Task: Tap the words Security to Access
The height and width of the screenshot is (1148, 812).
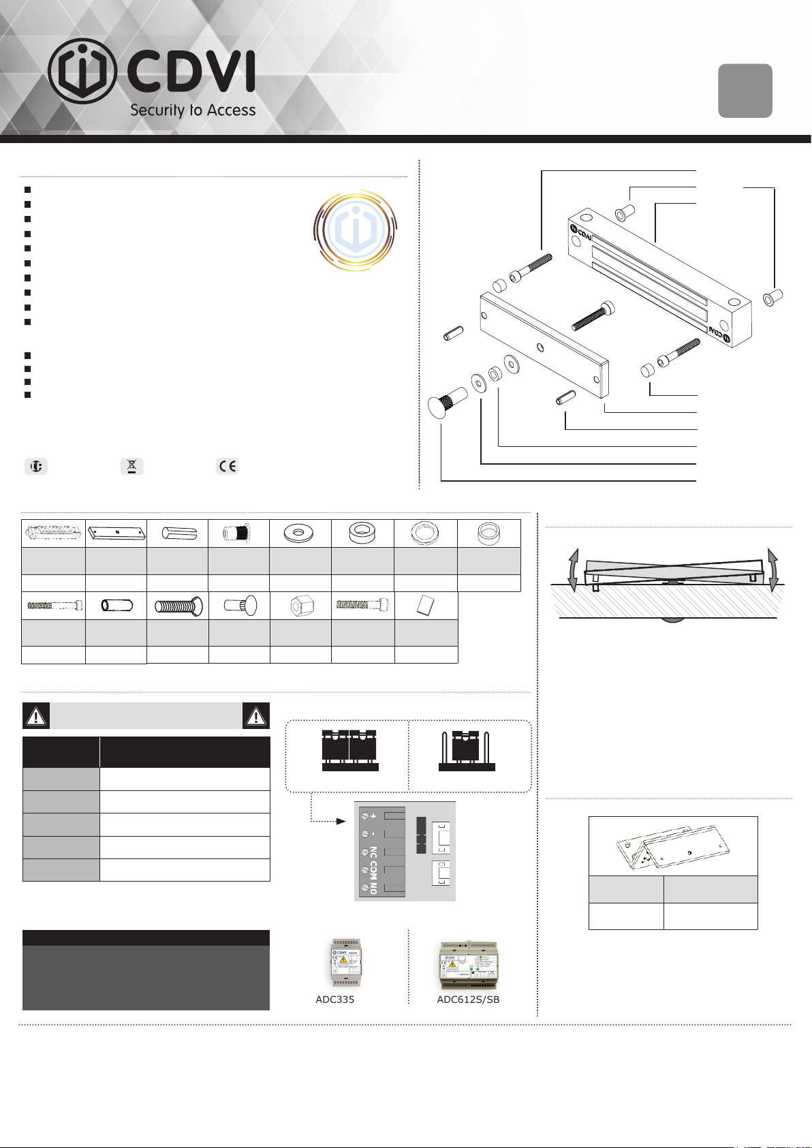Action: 193,110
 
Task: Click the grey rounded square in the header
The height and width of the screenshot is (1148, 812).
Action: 745,91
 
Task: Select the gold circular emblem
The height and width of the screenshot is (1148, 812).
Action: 355,230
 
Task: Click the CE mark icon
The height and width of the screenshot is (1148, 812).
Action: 228,466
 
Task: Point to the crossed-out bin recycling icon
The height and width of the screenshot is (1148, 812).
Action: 131,466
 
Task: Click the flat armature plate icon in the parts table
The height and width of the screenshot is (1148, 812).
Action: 116,533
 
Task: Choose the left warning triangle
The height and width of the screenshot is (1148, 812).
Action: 36,716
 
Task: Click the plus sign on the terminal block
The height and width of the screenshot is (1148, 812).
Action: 373,816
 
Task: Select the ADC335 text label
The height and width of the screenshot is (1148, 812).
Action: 334,999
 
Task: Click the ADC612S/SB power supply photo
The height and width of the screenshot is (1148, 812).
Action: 469,965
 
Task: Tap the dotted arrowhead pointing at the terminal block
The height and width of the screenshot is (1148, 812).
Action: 342,821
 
